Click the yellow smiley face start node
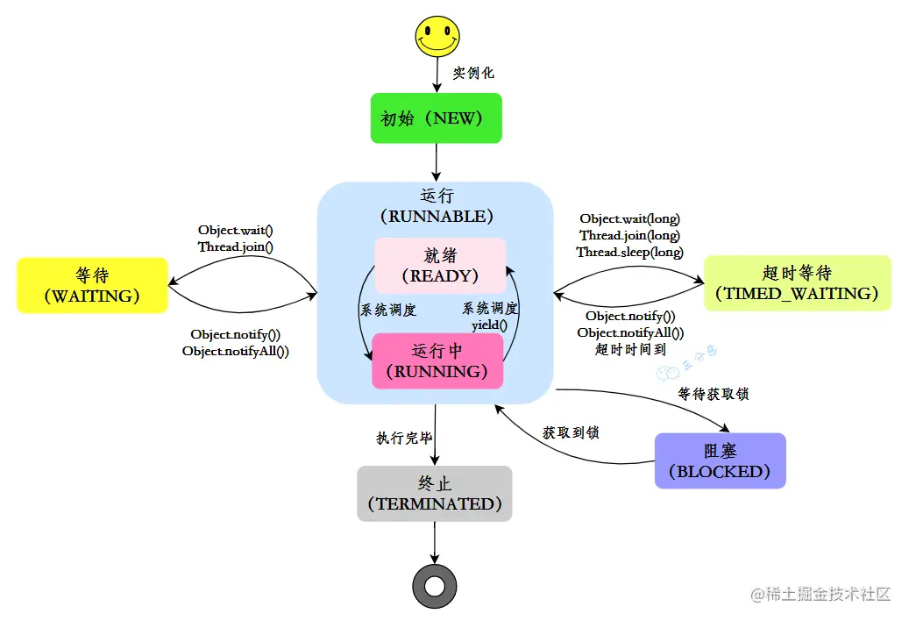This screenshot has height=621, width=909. [x=437, y=37]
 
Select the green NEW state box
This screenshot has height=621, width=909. [x=436, y=118]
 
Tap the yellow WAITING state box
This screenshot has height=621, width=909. [x=92, y=285]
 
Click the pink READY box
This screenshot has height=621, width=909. [x=440, y=265]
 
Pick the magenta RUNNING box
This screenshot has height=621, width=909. [x=438, y=360]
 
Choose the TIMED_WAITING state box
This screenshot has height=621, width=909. [x=797, y=282]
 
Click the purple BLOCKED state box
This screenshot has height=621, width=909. [x=720, y=460]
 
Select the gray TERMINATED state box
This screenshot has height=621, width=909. [x=435, y=493]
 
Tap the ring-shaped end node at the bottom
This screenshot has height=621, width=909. [x=435, y=585]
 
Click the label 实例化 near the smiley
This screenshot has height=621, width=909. [x=473, y=73]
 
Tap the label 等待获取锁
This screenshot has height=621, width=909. [x=714, y=395]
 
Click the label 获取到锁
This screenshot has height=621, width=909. [x=571, y=432]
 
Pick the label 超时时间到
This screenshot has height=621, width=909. [x=630, y=349]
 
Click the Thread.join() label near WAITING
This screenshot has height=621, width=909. [x=235, y=246]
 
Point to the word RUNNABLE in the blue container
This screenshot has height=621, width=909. [x=436, y=216]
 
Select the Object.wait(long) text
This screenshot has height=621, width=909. [x=629, y=218]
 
